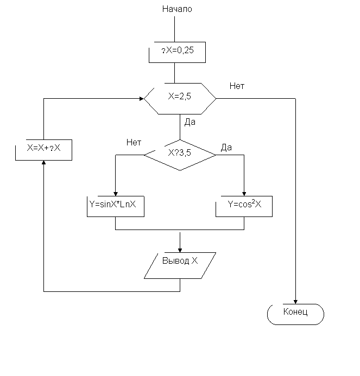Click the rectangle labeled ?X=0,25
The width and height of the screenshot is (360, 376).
tap(177, 52)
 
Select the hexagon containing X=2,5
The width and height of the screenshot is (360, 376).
tap(180, 98)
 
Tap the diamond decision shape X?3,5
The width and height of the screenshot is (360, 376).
tap(180, 155)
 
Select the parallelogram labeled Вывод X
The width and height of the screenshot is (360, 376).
tap(180, 265)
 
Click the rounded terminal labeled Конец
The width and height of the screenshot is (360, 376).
tap(295, 314)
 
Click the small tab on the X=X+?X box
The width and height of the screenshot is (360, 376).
tap(21, 139)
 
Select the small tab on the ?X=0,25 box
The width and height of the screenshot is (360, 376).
tap(148, 41)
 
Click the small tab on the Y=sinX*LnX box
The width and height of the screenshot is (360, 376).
tap(92, 190)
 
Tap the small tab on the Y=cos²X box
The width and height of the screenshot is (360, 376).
tap(216, 195)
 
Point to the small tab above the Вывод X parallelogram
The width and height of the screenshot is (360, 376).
tap(159, 247)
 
